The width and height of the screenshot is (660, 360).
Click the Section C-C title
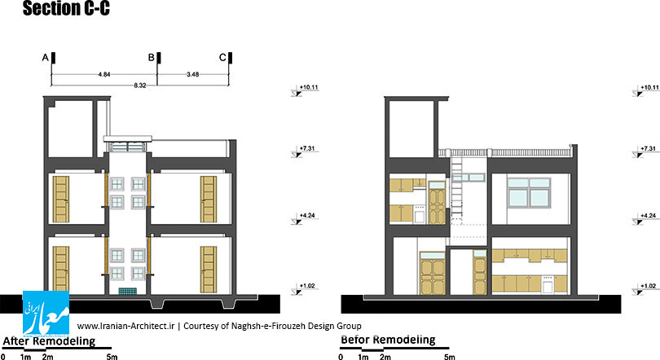pos(66,8)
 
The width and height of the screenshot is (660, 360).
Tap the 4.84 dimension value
pos(104,74)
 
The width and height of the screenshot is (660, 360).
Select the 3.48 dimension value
pos(193,74)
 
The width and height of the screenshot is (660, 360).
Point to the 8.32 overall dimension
pos(140,86)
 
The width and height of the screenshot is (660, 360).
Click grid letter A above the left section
pos(46,58)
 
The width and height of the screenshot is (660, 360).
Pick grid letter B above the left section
pos(151,58)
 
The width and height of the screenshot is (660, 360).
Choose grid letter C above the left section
pos(222,58)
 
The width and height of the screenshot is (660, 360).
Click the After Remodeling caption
pos(49,341)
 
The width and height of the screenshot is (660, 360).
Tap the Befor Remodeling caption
pos(388,340)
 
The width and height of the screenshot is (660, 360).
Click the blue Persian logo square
pos(46,314)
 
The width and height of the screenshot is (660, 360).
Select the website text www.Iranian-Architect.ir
pos(125,326)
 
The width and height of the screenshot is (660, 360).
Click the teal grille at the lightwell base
pos(128,291)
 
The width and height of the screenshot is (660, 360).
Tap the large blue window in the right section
pos(529,192)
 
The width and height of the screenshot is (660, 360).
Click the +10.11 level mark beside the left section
pos(305,90)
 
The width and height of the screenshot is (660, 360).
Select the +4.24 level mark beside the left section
pos(303,218)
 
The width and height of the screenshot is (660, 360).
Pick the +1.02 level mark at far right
pos(645,288)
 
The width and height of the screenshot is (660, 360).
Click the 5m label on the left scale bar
pos(112,357)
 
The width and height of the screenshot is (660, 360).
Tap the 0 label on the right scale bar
pos(341,357)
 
